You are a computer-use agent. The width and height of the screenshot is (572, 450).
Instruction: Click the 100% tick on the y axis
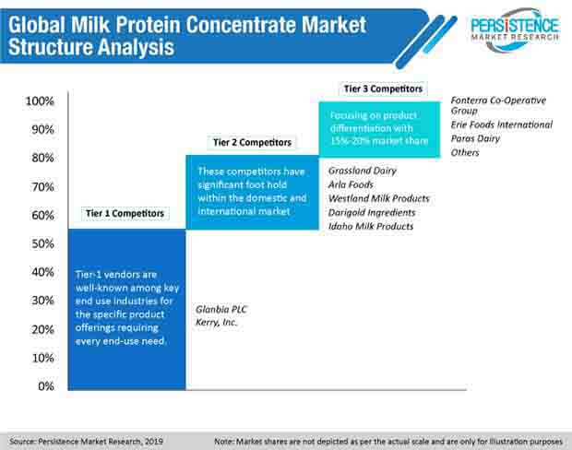(40, 101)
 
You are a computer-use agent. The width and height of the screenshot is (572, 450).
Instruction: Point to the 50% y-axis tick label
(43, 243)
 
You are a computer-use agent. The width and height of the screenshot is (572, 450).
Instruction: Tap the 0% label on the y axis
(46, 386)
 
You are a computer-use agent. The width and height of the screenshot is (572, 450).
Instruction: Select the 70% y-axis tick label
(43, 186)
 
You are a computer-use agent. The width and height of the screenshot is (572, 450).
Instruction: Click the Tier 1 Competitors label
(125, 213)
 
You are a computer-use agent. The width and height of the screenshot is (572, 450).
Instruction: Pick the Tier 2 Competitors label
(253, 142)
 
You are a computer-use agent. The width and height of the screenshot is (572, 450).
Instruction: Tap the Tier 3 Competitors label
(383, 89)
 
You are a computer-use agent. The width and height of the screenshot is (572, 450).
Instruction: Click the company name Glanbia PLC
(221, 310)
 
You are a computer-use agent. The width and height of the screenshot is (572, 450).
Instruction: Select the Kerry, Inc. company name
(216, 323)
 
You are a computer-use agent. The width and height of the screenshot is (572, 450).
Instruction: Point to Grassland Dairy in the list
(363, 171)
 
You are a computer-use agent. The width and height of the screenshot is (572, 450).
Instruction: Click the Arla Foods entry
(351, 184)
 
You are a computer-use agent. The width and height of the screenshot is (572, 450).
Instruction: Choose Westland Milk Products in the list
(378, 198)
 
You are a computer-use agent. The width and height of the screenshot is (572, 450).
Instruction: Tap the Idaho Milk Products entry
(371, 227)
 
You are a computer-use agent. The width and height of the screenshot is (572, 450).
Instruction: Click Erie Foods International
(502, 124)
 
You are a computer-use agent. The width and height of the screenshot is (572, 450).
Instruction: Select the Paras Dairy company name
(475, 138)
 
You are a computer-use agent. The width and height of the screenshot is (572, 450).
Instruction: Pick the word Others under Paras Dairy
(465, 152)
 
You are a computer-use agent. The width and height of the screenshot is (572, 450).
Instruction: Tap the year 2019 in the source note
(153, 442)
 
